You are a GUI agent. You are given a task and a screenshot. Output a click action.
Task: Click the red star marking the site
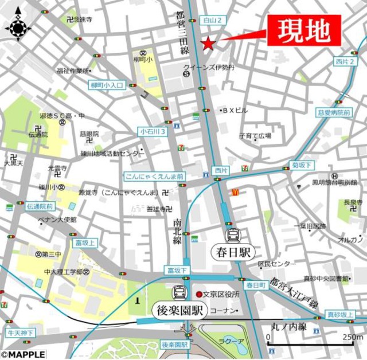point(207,44)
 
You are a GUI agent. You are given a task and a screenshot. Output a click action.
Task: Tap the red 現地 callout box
point(303,30)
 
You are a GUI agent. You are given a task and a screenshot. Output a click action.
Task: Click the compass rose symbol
point(18,26)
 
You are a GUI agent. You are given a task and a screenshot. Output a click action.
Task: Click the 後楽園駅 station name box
point(179,311)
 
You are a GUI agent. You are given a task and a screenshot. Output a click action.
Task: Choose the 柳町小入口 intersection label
point(107,85)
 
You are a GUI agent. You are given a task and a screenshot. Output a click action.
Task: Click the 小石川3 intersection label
point(153,131)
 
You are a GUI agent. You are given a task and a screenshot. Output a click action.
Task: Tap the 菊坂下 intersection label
point(302,165)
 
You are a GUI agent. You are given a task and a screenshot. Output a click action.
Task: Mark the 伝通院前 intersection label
point(40,206)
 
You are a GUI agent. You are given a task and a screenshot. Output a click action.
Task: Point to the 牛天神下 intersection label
point(21,333)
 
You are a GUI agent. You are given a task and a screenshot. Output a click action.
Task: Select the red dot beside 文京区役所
point(199,295)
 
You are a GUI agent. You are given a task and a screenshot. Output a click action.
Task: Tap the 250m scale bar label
point(351,337)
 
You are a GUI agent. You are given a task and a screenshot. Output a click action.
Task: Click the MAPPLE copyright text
point(23,354)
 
